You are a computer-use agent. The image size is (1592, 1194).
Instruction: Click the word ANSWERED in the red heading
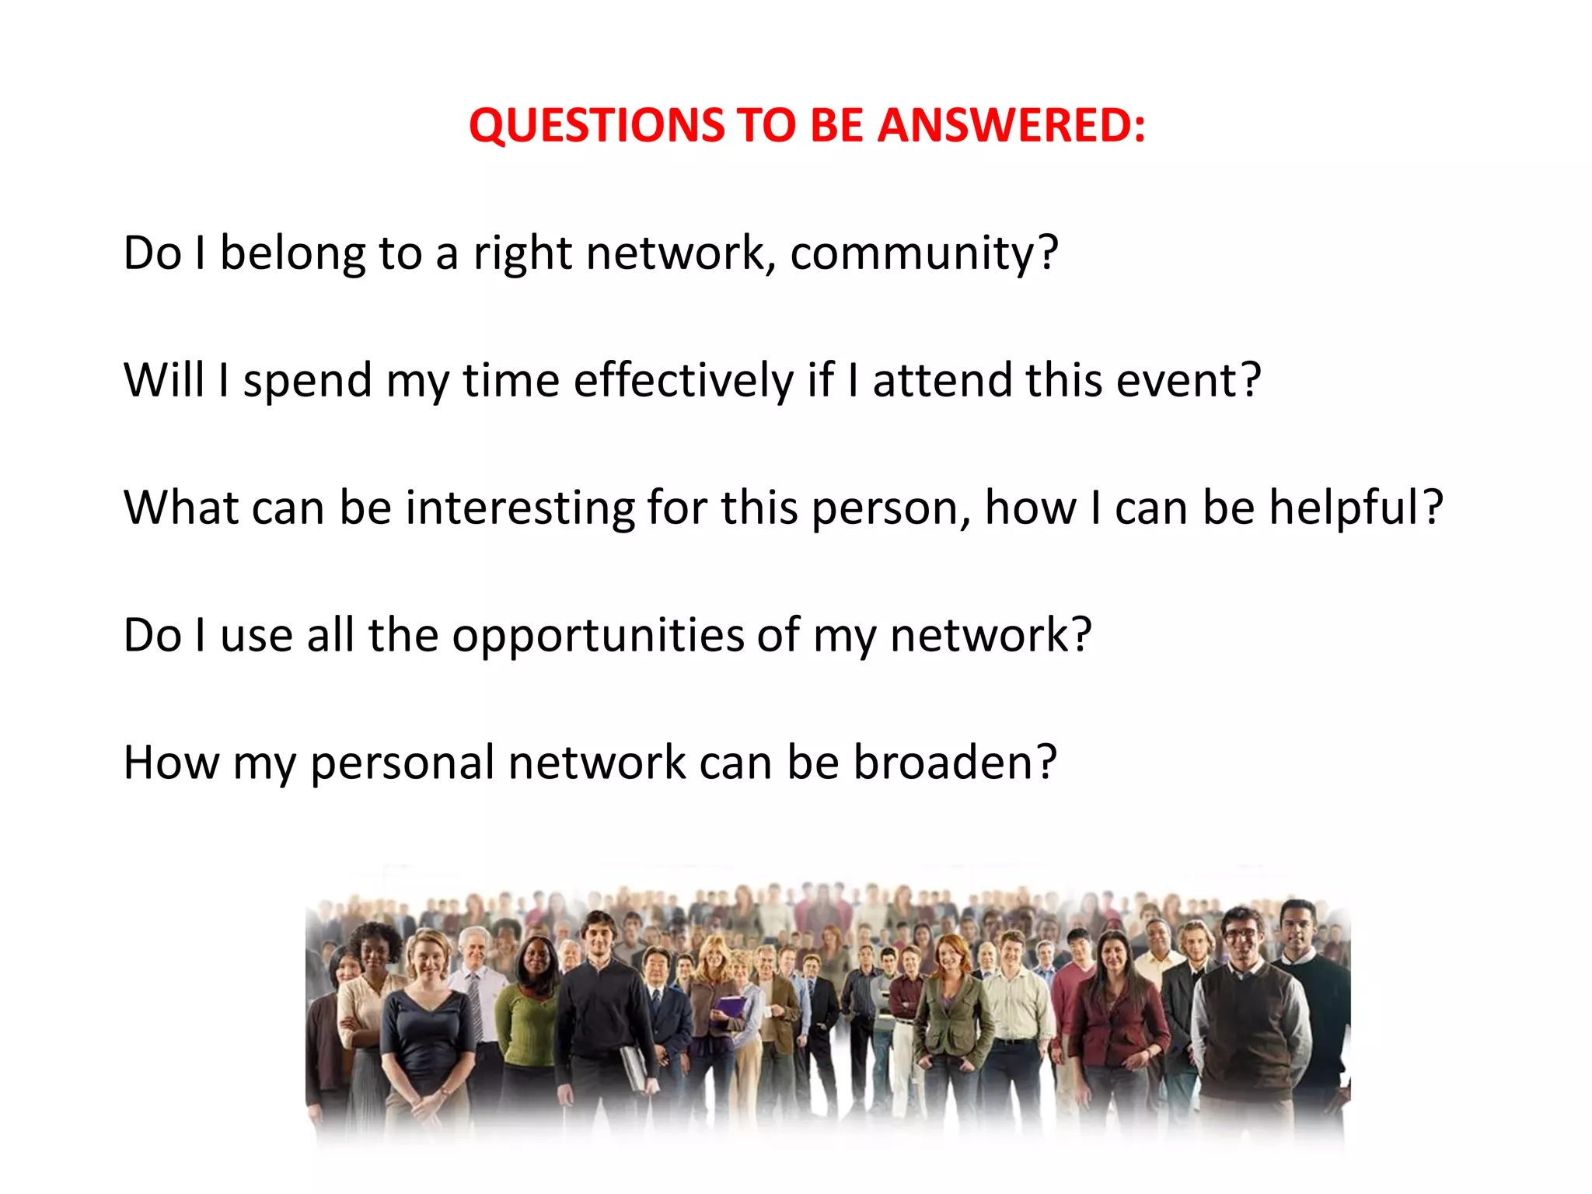[x=1011, y=125]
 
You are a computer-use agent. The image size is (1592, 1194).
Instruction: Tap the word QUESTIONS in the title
[x=595, y=125]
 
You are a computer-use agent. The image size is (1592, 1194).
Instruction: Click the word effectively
[x=683, y=380]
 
